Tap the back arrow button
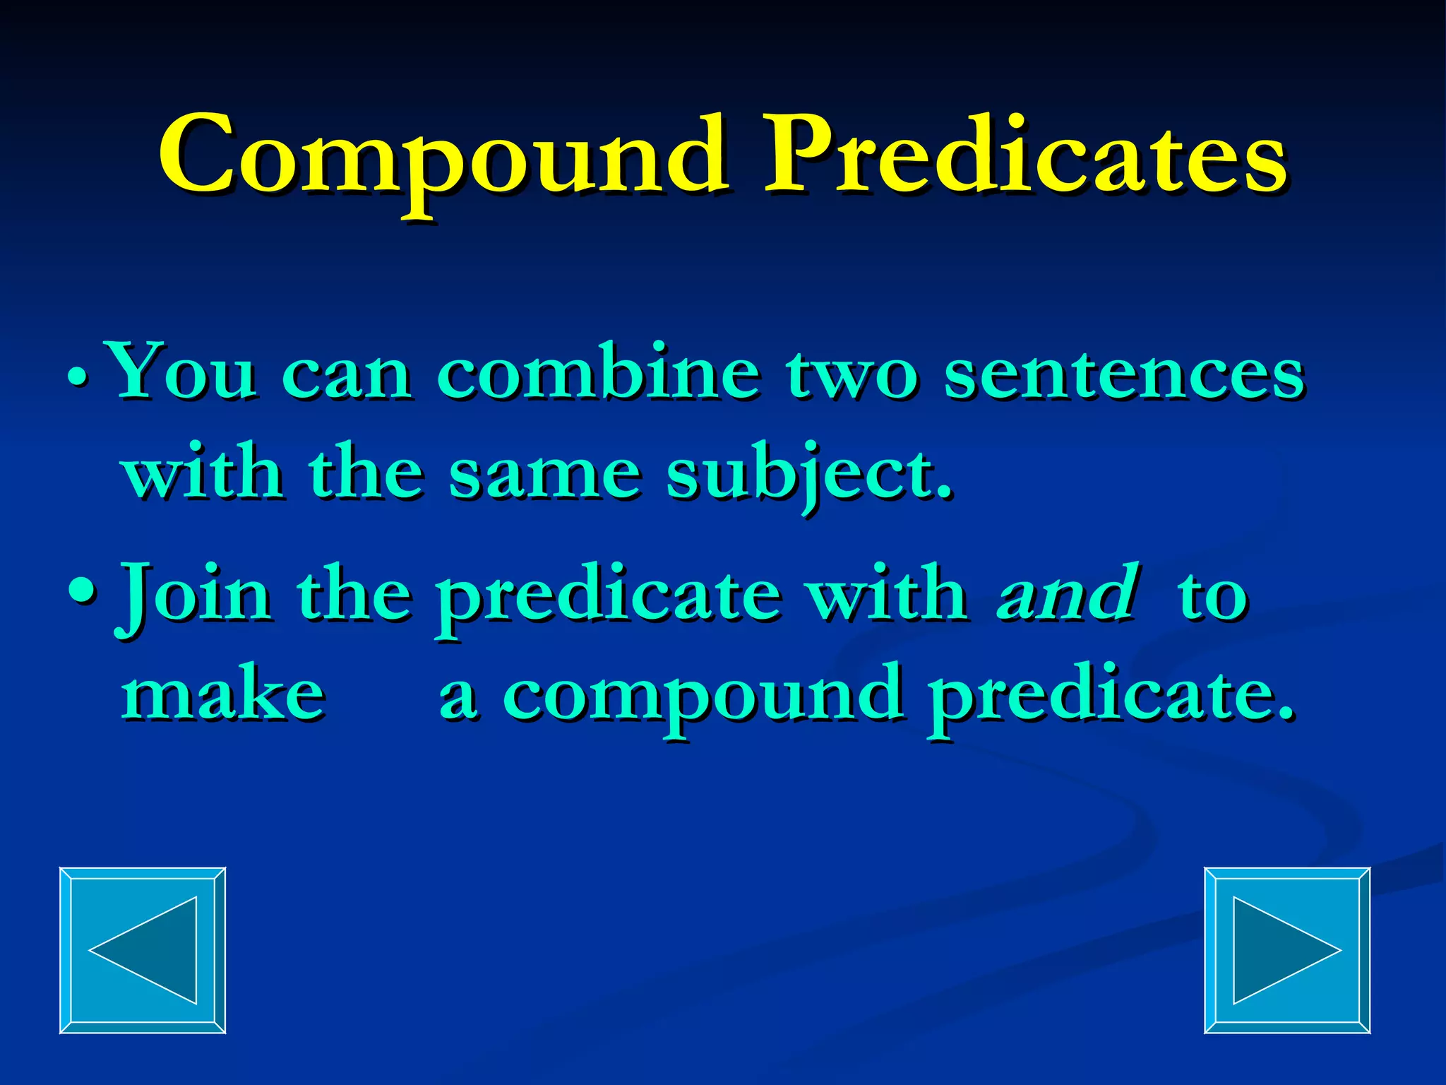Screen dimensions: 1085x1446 click(143, 950)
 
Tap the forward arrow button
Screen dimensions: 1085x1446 click(1286, 950)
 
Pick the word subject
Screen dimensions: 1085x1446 click(809, 474)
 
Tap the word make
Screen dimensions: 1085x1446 click(223, 695)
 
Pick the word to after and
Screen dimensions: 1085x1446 click(1212, 596)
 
